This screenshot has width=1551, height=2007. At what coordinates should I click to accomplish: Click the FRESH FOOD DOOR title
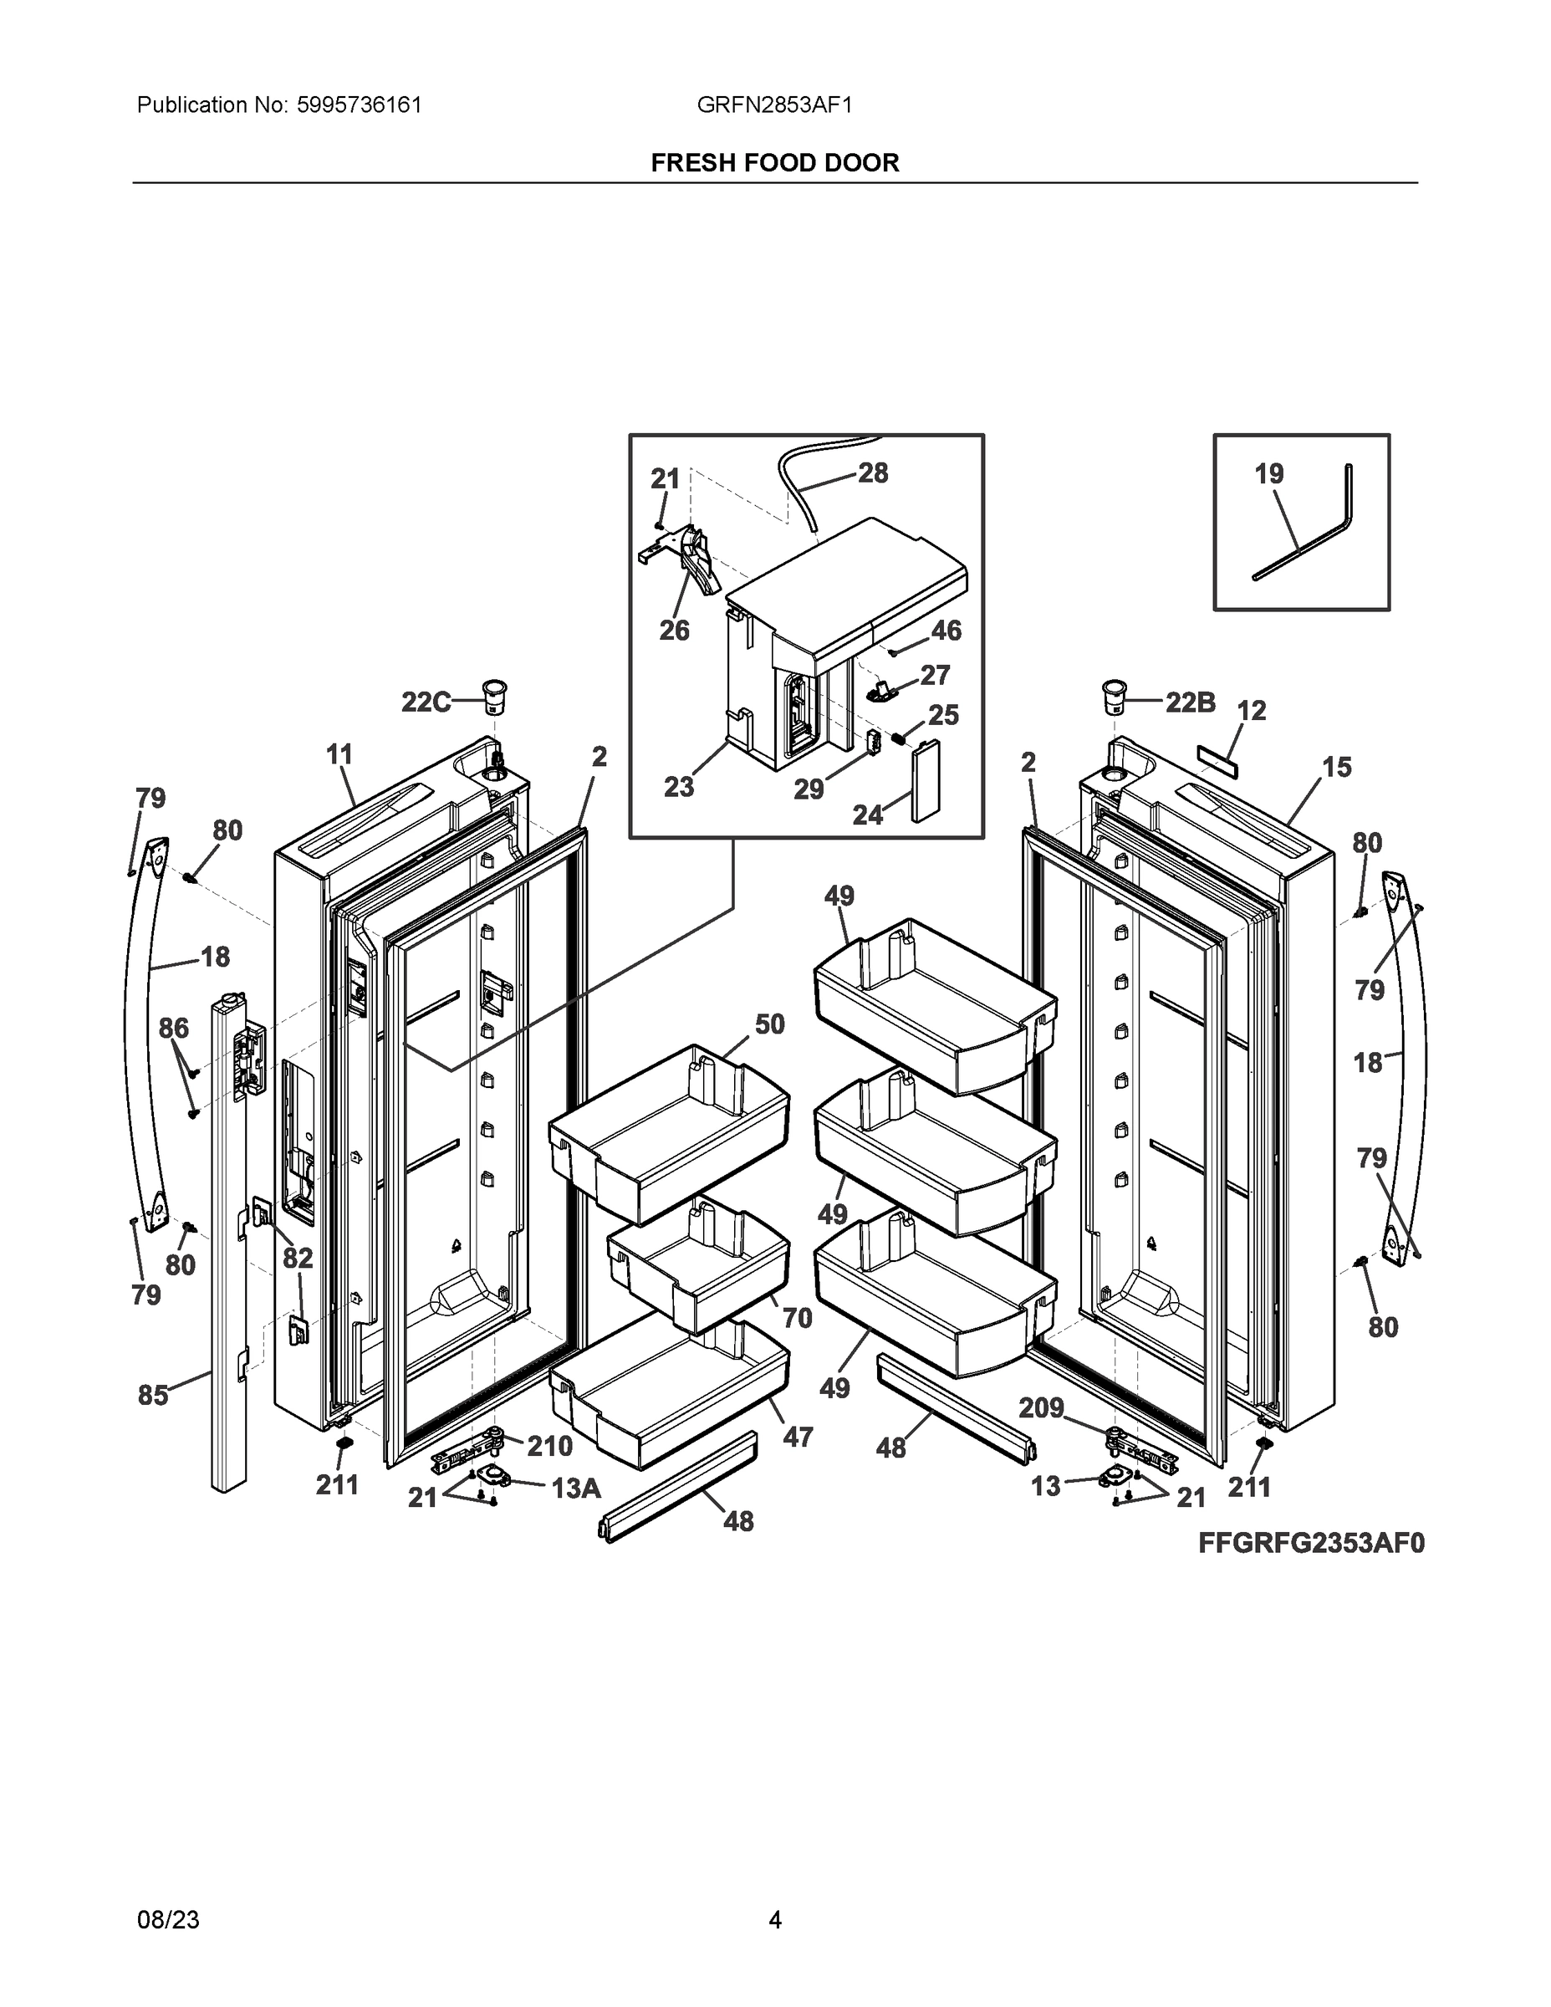(x=774, y=163)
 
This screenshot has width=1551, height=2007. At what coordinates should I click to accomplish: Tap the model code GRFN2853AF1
(x=774, y=105)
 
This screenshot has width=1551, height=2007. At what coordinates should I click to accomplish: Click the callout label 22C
(x=426, y=702)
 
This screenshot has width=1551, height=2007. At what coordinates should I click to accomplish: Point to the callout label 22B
(x=1190, y=703)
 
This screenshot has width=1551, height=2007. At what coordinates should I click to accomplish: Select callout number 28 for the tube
(x=873, y=473)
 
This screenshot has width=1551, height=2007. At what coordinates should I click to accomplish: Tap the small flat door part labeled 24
(x=925, y=781)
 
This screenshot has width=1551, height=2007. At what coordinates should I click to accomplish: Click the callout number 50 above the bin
(x=770, y=1024)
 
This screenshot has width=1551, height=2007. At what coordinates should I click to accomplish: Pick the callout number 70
(x=797, y=1318)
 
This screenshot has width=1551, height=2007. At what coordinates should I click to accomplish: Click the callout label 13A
(x=576, y=1488)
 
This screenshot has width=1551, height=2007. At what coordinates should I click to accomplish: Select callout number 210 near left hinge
(x=549, y=1447)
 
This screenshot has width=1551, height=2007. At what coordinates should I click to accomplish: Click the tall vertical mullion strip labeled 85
(x=228, y=1286)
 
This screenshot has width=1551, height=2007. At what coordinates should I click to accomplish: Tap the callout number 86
(x=174, y=1028)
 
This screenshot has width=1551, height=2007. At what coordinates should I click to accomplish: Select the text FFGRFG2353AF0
(x=1311, y=1543)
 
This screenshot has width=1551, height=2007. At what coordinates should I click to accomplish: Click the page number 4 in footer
(x=774, y=1919)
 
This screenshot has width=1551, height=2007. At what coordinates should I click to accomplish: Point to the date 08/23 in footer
(x=168, y=1919)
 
